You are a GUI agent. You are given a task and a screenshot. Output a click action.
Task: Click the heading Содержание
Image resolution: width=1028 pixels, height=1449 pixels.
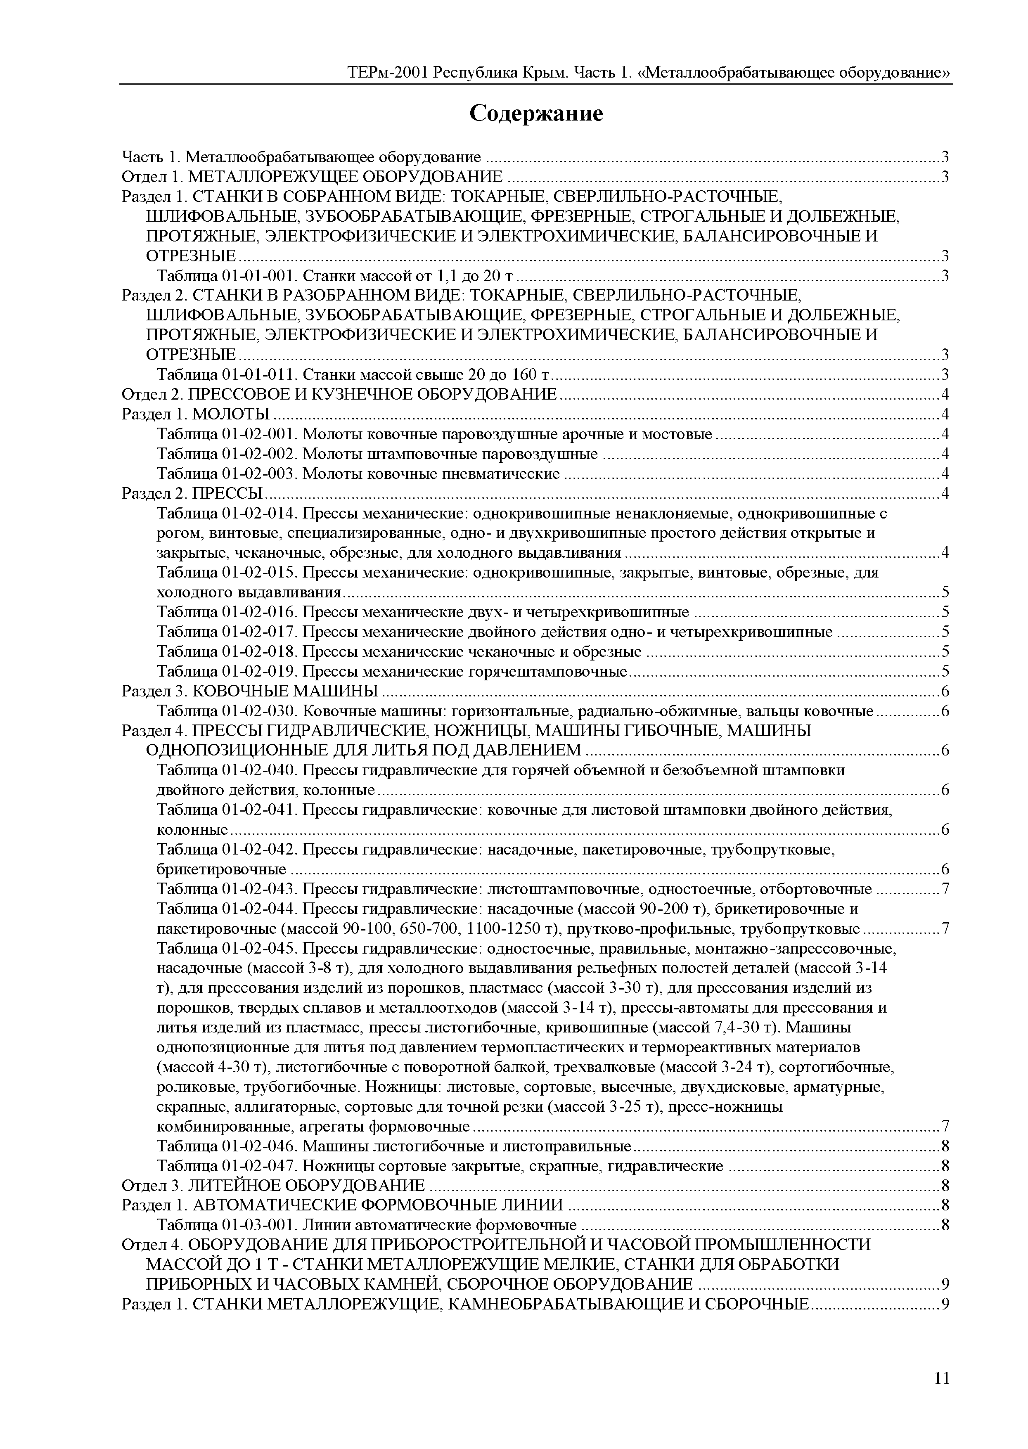click(536, 114)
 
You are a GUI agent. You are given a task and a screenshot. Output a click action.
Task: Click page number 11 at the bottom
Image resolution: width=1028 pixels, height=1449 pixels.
click(941, 1378)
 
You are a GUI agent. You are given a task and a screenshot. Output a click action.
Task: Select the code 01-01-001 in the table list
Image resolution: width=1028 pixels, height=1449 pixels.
click(259, 276)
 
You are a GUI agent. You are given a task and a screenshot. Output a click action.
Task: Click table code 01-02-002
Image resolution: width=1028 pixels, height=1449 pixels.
click(259, 454)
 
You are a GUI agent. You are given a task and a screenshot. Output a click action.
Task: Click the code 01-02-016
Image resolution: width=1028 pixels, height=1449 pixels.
click(259, 612)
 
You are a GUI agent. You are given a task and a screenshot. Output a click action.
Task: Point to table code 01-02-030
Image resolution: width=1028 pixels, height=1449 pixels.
click(259, 711)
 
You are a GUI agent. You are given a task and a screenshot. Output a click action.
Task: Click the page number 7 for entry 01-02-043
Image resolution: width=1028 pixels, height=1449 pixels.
click(945, 889)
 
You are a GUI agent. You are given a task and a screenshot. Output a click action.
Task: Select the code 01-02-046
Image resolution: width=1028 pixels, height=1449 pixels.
click(259, 1146)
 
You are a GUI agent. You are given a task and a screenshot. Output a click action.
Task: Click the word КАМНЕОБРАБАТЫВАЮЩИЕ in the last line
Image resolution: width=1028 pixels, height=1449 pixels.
click(557, 1305)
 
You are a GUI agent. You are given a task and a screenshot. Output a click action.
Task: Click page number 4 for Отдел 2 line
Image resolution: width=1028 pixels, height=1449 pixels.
click(945, 395)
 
